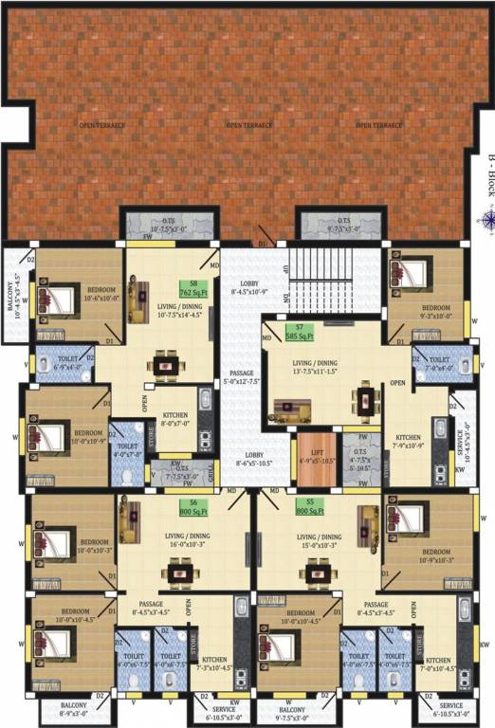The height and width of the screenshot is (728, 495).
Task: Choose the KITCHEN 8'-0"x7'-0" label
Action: tap(174, 420)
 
